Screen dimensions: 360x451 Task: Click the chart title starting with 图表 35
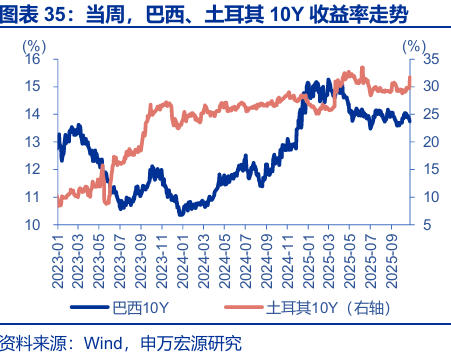(x=211, y=14)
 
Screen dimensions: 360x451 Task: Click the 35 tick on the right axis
(x=429, y=59)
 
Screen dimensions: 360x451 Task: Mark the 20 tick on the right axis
(x=429, y=142)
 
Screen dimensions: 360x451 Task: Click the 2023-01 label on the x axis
(x=59, y=255)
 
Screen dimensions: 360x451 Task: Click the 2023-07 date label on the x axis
(x=120, y=255)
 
